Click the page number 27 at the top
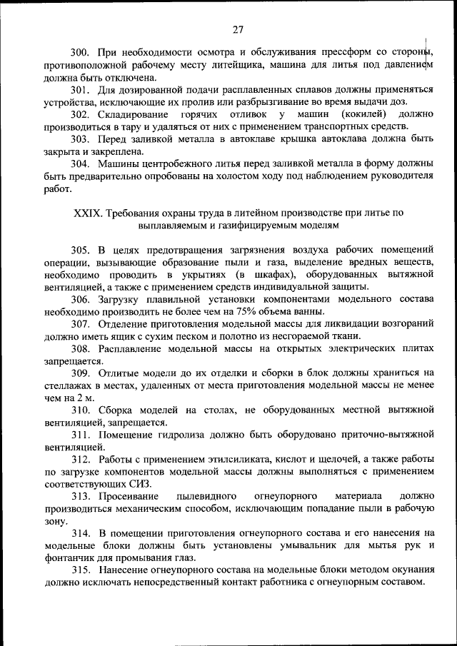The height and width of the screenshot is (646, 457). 238,29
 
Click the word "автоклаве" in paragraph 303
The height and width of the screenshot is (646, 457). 228,140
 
